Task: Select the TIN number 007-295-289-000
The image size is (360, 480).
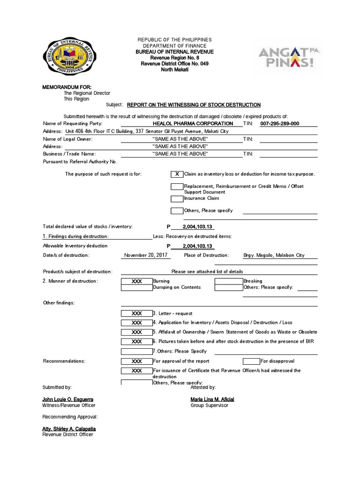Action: pos(279,123)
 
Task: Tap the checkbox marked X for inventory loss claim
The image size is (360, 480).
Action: pos(177,174)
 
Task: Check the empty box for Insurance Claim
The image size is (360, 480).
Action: pos(177,198)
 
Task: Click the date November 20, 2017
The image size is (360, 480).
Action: pos(145,255)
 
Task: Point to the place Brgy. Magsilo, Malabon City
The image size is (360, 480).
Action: pos(274,255)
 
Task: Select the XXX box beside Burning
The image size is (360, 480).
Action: pos(136,281)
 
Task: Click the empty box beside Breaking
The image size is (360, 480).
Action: pos(228,281)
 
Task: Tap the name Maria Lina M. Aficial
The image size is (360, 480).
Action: pos(212,399)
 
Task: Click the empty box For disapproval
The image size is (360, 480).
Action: pos(251,361)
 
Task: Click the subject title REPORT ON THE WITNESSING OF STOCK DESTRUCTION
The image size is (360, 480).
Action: pos(194,105)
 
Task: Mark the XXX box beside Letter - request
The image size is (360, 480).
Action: pos(136,313)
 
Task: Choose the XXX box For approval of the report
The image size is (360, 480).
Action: pos(136,361)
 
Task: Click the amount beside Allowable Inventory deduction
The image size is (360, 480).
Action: pos(197,246)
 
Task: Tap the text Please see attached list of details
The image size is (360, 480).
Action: pos(207,271)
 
